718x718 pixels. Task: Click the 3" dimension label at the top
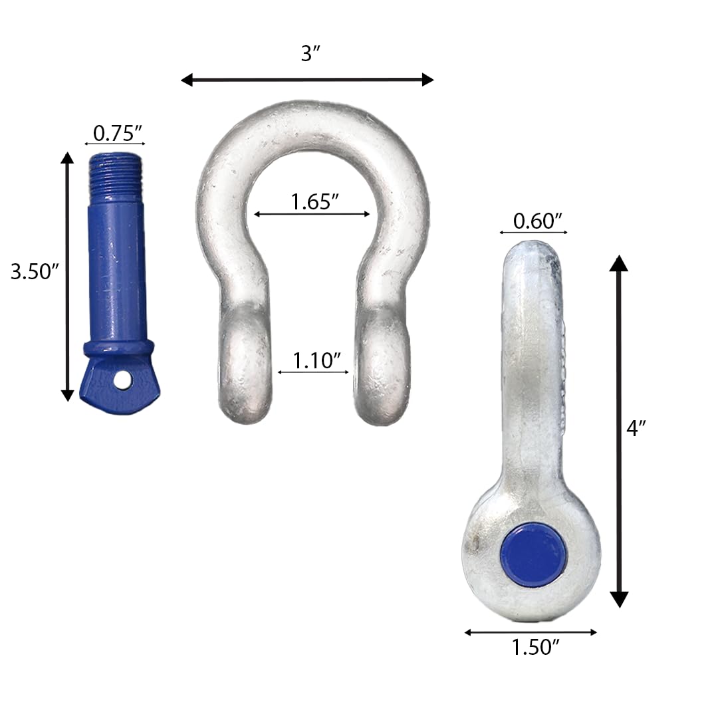310,54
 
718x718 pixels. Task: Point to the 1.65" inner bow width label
312,201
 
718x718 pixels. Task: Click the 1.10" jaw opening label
313,360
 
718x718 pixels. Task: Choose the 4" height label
636,429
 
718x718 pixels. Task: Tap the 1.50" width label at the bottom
531,647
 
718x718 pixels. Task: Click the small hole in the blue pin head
122,380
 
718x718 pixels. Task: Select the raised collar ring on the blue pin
118,349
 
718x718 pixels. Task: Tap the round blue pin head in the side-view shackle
534,554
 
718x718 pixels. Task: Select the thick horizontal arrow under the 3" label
307,80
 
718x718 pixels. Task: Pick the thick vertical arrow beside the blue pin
67,277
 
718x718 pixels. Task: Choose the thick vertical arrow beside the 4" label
619,431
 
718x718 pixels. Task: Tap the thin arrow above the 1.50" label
531,632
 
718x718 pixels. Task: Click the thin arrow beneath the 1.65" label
312,214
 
